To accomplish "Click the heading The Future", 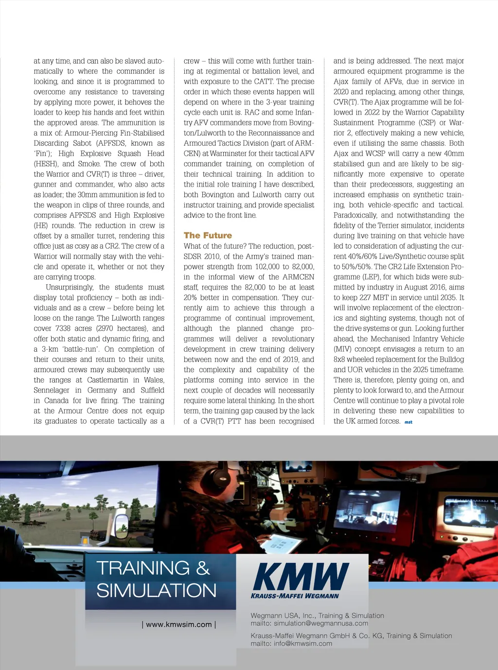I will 208,235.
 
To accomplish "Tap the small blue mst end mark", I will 409,422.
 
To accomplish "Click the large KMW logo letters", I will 301,577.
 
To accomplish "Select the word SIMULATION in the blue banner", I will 157,591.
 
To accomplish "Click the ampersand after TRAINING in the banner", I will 203,568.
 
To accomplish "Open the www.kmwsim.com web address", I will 179,624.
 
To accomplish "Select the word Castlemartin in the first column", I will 108,380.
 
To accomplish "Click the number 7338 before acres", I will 63,328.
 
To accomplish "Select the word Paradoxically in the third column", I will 355,215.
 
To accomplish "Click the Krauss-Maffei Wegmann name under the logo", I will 295,596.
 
